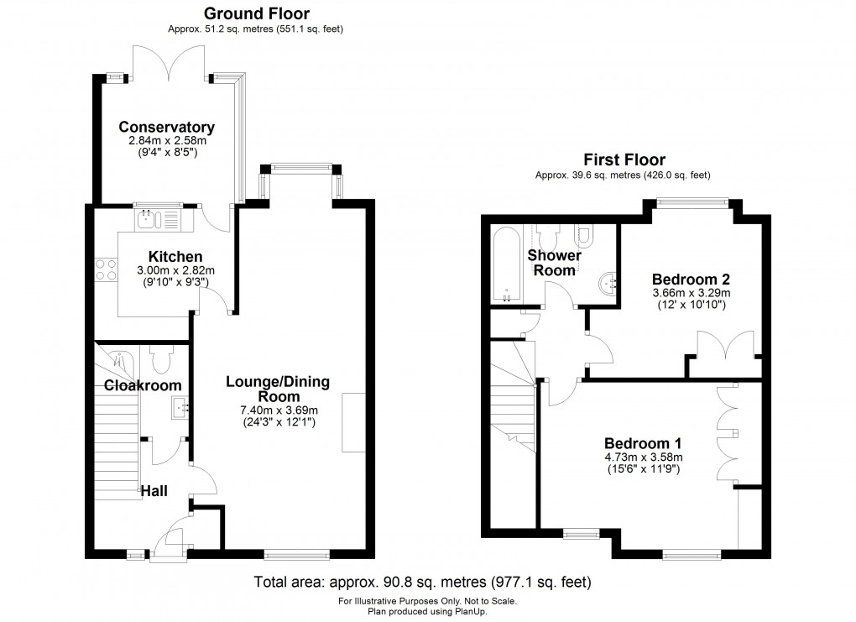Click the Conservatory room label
166,128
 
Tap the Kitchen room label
175,257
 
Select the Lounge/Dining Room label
278,389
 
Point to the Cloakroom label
143,385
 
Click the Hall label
154,490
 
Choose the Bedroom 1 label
644,443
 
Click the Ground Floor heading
255,13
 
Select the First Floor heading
624,159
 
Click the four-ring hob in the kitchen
107,269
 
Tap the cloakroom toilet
162,361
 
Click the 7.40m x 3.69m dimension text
278,410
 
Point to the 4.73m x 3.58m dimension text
644,457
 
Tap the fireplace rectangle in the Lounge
353,422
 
